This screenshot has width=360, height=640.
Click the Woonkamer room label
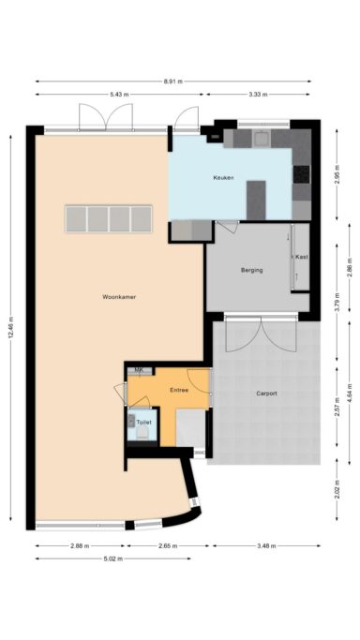click(119, 297)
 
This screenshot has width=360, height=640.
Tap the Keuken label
click(223, 178)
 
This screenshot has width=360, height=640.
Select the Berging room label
click(251, 270)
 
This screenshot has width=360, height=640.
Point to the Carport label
click(266, 394)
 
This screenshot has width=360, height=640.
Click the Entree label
click(179, 390)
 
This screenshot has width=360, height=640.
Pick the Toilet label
click(143, 423)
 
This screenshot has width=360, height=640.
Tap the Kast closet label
click(301, 257)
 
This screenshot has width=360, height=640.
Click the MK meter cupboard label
click(139, 370)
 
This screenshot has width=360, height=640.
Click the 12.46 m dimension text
click(11, 328)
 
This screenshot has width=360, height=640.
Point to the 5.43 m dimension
click(119, 95)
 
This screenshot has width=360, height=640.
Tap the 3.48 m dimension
click(266, 545)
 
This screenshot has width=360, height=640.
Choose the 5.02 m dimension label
click(112, 558)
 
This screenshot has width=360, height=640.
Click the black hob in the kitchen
click(301, 174)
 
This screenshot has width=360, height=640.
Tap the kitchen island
click(256, 200)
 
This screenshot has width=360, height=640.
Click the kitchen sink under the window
click(262, 139)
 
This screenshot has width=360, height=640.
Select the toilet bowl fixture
click(142, 433)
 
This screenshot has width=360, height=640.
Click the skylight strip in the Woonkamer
click(109, 218)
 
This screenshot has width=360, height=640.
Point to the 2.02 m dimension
click(337, 489)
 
